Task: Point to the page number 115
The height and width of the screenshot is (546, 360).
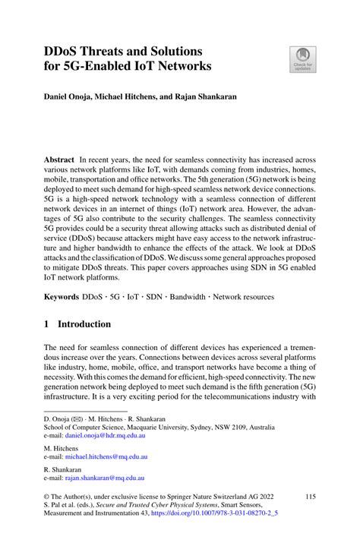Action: [309, 497]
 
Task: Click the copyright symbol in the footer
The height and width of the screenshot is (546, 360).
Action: [47, 497]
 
